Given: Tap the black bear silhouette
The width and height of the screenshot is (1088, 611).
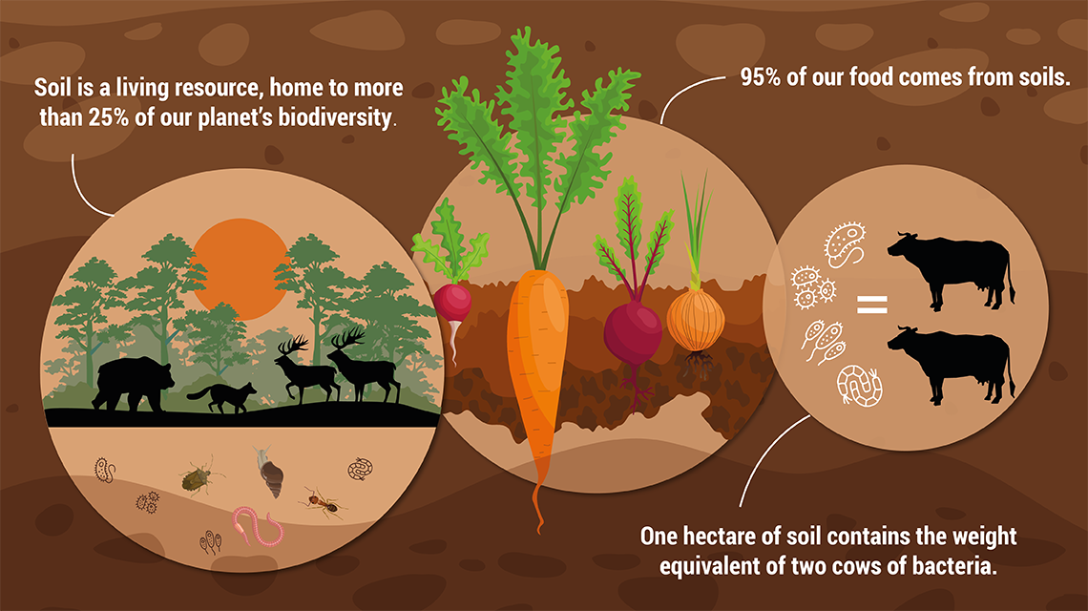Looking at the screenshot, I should [x=132, y=382].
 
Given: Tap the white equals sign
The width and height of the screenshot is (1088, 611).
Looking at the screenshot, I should [x=870, y=305].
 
